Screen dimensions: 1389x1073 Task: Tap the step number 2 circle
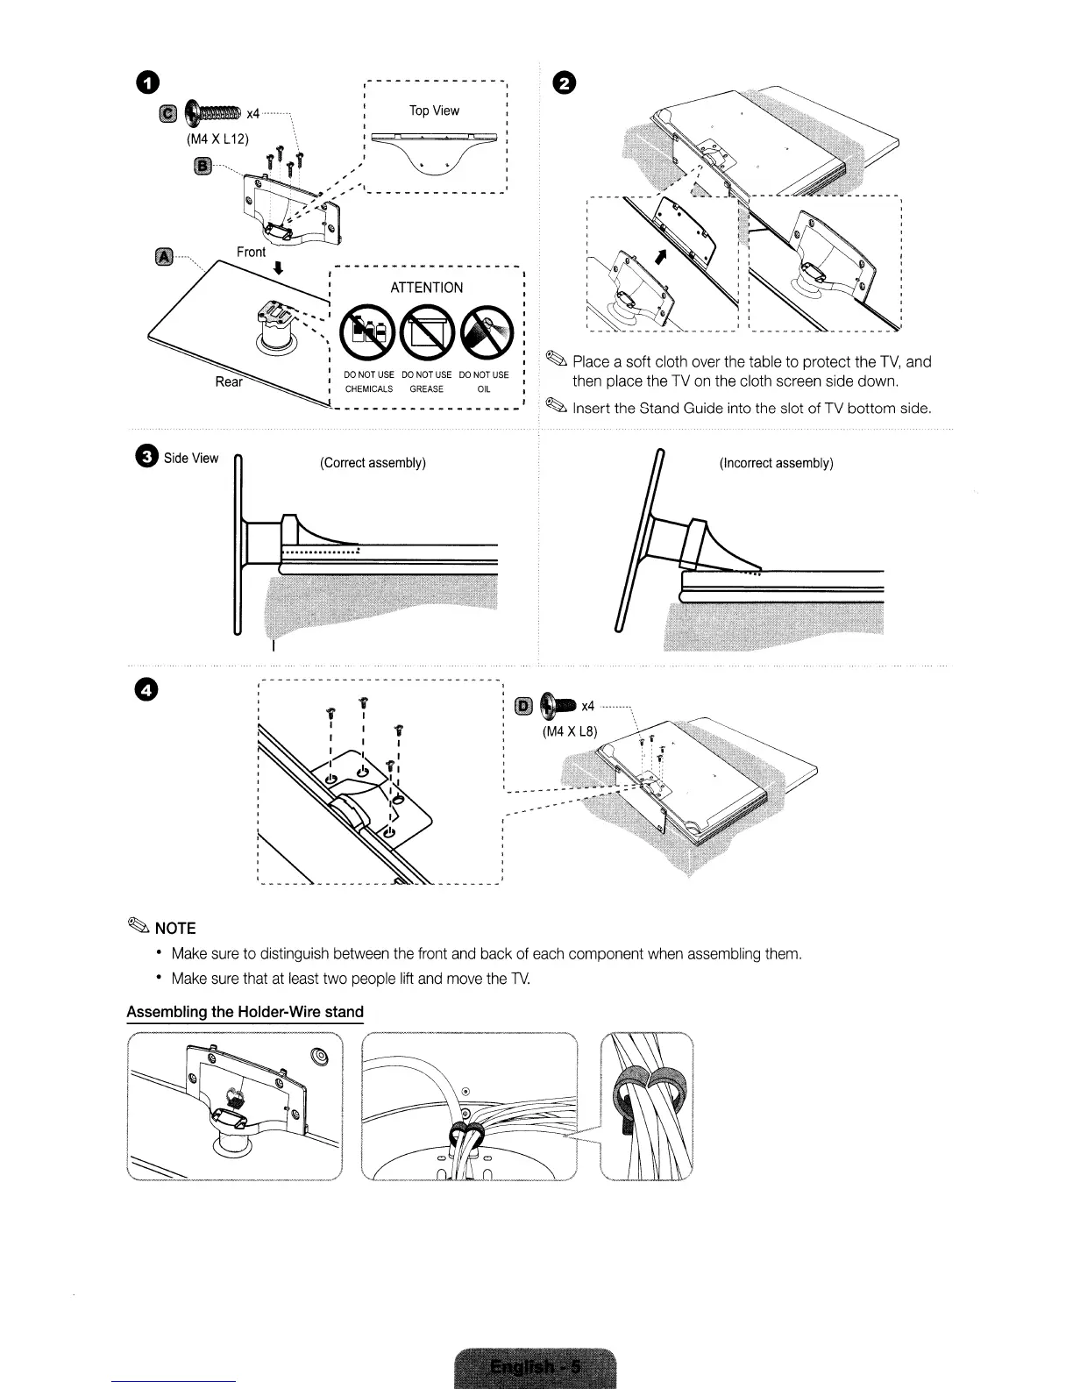click(567, 83)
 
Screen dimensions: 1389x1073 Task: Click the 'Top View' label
click(434, 110)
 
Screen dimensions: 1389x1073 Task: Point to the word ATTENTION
click(427, 288)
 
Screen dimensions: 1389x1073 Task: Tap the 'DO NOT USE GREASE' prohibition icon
click(427, 333)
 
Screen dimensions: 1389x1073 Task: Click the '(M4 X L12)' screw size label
click(217, 139)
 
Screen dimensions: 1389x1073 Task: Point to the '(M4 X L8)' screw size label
click(569, 731)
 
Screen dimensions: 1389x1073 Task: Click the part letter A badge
click(163, 256)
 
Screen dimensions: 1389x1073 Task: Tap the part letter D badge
click(523, 706)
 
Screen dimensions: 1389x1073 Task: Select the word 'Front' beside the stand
click(251, 252)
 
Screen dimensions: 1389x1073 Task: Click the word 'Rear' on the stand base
click(229, 381)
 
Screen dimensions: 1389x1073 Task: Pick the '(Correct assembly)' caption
click(373, 462)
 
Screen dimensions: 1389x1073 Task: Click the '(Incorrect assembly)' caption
click(776, 462)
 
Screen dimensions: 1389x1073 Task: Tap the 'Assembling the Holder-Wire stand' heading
click(245, 1012)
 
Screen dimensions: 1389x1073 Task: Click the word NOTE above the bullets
click(174, 928)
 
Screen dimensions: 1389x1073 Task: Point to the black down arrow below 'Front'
click(278, 269)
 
